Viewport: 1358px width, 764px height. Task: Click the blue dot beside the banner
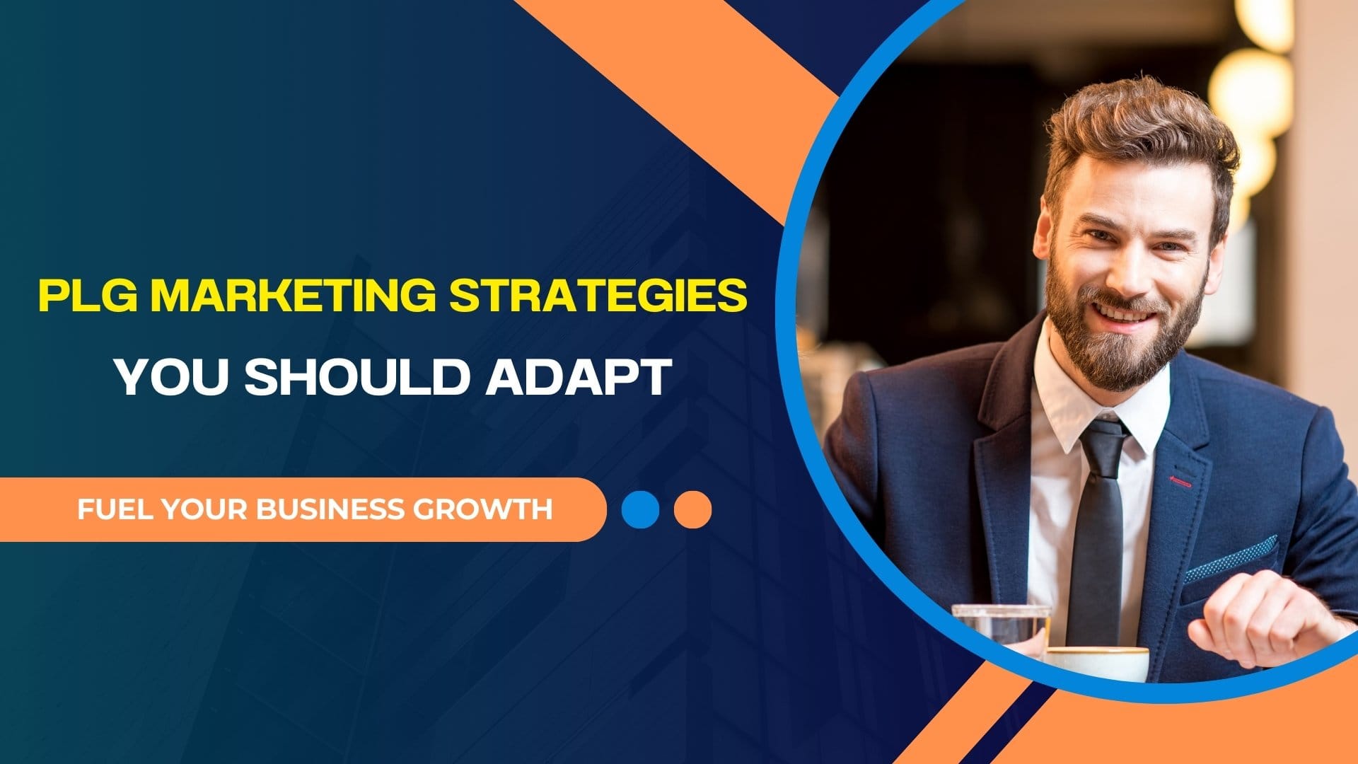coord(640,510)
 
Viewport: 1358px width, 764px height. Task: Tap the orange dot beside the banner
coord(692,510)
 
